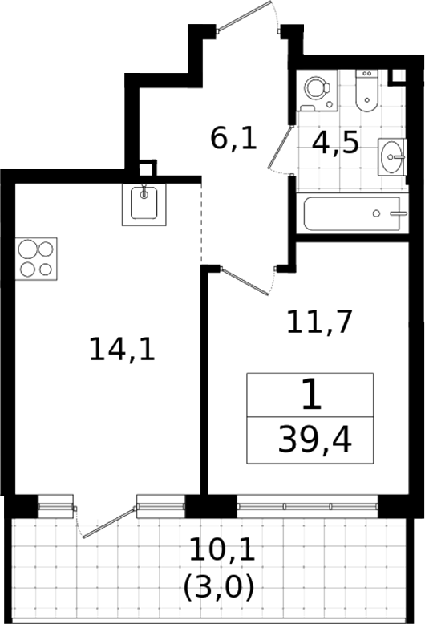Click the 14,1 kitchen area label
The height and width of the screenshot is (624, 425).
point(122,350)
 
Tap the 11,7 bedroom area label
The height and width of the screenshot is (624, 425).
point(319,322)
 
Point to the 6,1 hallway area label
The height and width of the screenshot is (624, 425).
point(233,139)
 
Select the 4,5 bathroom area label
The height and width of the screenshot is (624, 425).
point(335,144)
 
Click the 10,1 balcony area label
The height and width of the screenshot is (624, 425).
point(222,549)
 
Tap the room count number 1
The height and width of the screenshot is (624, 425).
point(311,395)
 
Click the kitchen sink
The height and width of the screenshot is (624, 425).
point(144,205)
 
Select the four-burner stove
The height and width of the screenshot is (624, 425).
point(36,259)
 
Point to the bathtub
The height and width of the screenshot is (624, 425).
point(353,213)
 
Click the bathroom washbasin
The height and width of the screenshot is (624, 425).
point(392,156)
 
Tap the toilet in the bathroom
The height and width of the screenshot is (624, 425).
point(366,91)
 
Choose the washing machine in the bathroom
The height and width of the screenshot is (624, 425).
point(318,91)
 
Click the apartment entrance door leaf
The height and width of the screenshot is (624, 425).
point(245,15)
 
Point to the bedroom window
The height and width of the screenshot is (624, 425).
point(307,506)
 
